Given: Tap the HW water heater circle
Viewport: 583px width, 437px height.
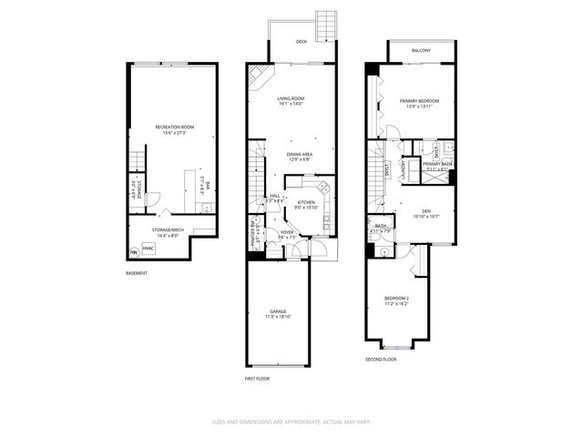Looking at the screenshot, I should pos(136,252).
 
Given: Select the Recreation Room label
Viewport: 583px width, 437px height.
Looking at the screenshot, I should pos(173,127).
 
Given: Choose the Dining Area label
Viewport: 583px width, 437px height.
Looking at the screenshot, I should pos(300,154).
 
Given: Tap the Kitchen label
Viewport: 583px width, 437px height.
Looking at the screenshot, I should pos(305,201).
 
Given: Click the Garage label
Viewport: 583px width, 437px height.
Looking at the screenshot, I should pos(278,311).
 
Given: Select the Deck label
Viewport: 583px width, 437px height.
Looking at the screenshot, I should pos(302,42).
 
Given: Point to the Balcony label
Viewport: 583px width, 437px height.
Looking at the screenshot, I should pos(421,51).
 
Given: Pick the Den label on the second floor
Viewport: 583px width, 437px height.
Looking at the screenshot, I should pos(425,210).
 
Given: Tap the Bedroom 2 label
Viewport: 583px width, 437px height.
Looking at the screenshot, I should pos(396,298).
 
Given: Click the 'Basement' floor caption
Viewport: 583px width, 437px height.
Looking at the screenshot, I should pos(138,273).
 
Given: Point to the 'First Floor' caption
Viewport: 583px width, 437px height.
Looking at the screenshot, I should pos(257,378).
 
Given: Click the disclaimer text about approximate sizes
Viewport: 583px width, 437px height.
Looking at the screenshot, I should pos(291,422).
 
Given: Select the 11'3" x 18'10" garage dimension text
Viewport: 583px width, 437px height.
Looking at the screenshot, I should pos(278,318).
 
